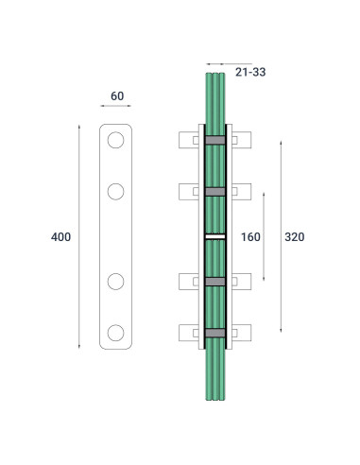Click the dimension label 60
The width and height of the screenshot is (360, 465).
tap(116, 95)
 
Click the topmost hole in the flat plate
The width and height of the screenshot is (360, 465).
tap(116, 141)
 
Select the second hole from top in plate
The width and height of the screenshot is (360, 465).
tap(116, 192)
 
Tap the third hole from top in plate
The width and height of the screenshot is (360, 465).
tap(116, 281)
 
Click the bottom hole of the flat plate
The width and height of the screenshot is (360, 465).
tap(116, 332)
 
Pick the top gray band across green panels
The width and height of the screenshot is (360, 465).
tap(215, 141)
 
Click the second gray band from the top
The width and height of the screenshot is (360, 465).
tap(215, 192)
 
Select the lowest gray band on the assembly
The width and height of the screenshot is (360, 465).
tap(215, 332)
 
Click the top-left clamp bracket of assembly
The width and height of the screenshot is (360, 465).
tap(188, 141)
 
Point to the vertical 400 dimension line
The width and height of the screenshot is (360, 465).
tap(78, 189)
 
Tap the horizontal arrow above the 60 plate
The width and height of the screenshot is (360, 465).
tap(116, 109)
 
